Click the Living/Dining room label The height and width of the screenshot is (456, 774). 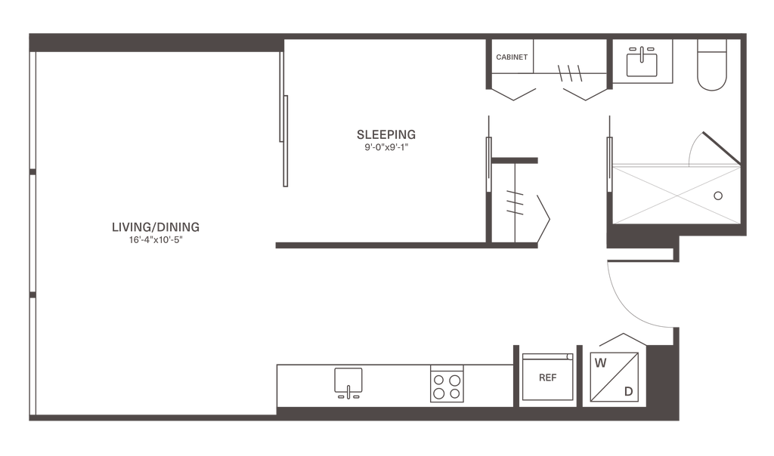tap(155, 226)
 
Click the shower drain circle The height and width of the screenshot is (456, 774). tap(719, 194)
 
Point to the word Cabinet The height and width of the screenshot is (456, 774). tap(512, 57)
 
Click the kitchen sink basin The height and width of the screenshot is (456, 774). tap(348, 381)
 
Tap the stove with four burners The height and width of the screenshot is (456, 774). tap(446, 385)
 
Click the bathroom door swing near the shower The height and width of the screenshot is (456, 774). tap(707, 143)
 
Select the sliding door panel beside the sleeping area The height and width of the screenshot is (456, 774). tap(284, 140)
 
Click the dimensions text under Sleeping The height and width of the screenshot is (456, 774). tap(385, 149)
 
